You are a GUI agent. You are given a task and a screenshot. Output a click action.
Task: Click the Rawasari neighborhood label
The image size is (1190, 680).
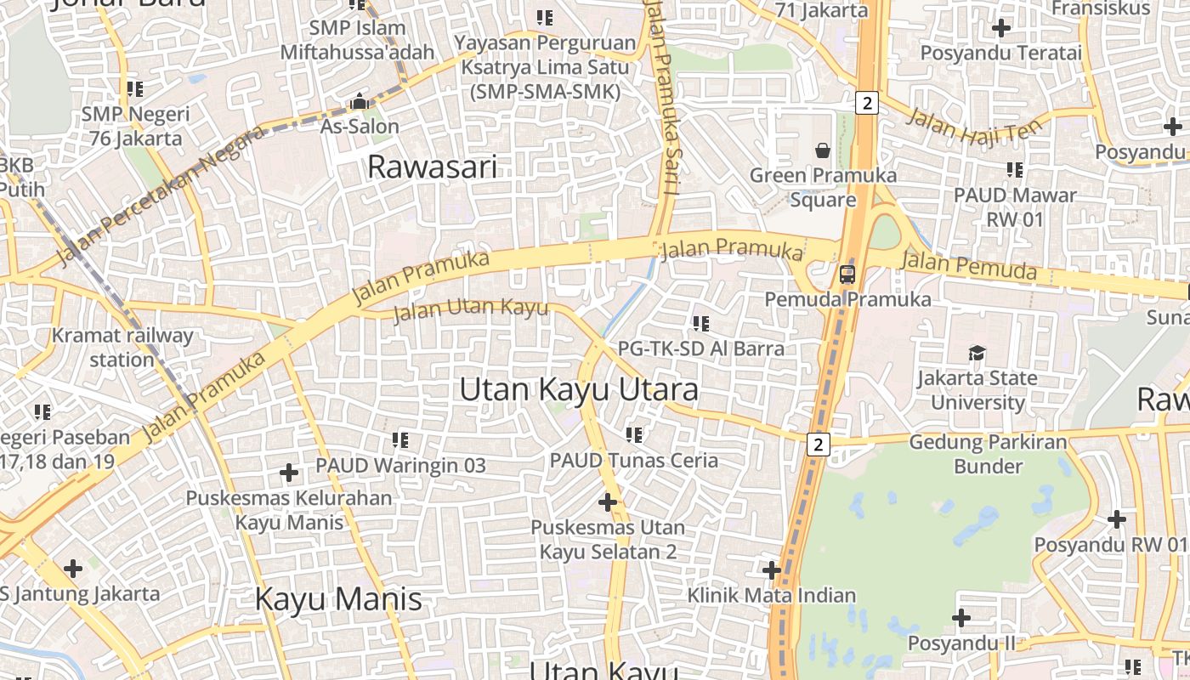click(432, 167)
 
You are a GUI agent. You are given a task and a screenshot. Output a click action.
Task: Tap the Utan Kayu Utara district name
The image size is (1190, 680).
click(579, 390)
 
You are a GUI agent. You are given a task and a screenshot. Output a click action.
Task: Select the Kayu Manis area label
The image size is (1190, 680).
click(338, 599)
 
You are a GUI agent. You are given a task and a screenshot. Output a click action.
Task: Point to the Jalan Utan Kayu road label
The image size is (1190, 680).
click(471, 309)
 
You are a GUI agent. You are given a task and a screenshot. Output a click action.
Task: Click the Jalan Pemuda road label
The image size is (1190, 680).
click(969, 265)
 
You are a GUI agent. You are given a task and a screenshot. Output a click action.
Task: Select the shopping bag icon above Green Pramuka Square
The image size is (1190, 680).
click(823, 151)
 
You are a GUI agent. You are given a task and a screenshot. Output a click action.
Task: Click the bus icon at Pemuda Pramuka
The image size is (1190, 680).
click(847, 274)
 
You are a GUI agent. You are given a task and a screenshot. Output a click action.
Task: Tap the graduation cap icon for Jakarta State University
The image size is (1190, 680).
click(977, 353)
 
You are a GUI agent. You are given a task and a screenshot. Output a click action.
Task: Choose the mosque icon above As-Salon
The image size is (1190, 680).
click(360, 102)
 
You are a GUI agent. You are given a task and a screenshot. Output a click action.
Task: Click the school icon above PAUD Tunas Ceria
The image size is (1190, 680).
click(633, 435)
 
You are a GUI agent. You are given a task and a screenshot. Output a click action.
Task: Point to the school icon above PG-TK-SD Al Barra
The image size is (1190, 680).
click(700, 324)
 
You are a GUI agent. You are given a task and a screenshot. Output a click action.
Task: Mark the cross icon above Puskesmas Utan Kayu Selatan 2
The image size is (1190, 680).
click(608, 502)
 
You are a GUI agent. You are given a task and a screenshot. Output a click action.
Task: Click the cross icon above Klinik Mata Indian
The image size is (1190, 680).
click(772, 569)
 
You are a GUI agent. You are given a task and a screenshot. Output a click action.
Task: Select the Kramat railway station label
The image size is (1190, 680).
click(122, 347)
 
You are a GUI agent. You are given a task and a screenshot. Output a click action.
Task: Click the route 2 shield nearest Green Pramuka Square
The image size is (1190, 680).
click(866, 104)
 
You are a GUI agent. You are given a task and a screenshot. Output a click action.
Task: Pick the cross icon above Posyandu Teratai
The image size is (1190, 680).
click(1001, 28)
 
